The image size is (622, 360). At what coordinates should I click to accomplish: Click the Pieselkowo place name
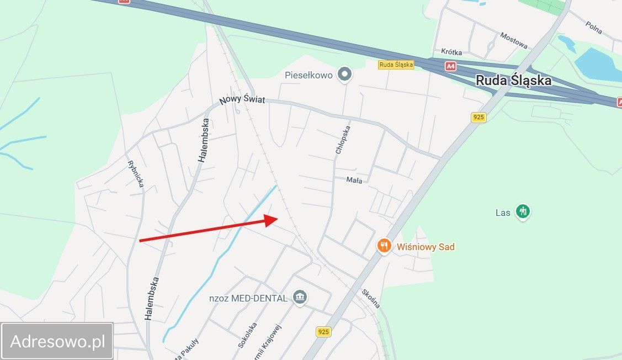click(309, 75)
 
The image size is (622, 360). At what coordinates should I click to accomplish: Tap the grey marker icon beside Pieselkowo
click(345, 73)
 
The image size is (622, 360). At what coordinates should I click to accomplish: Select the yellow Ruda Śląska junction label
click(396, 65)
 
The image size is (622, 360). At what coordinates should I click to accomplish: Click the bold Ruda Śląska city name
click(513, 81)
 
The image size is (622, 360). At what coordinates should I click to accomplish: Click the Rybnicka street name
click(135, 173)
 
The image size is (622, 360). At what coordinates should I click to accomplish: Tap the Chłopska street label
click(342, 138)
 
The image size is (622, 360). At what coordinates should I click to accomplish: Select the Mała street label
click(354, 180)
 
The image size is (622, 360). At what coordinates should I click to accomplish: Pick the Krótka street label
click(451, 52)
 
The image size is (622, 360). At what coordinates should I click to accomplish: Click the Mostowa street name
click(514, 40)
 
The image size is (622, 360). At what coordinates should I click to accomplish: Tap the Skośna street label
click(371, 299)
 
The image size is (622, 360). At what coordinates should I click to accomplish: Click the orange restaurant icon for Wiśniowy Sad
click(385, 246)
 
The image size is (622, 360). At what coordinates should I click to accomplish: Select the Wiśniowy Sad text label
click(426, 247)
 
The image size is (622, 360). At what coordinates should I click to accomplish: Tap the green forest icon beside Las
click(522, 211)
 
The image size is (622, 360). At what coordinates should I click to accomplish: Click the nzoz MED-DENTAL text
click(248, 298)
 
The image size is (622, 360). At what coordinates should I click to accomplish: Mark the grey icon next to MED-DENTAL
click(300, 297)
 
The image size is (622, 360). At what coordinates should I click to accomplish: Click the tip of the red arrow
click(277, 218)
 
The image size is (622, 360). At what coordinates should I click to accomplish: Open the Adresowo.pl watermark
click(57, 341)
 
